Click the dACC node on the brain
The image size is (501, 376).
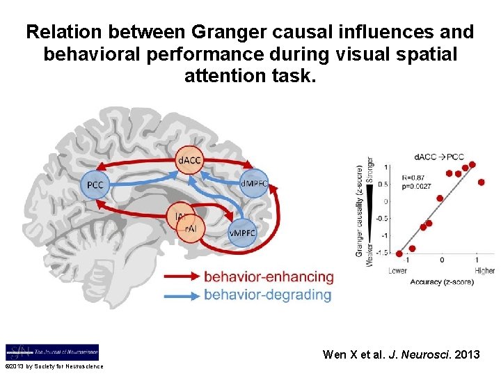[189, 161]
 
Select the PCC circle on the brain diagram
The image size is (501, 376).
[95, 185]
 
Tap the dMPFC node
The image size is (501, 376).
[254, 184]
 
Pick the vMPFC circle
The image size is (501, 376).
[242, 233]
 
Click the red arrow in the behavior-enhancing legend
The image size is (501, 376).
[182, 276]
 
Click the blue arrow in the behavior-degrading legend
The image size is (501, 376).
[182, 295]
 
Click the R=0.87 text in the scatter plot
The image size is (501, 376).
[411, 178]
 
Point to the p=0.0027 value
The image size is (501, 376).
[415, 186]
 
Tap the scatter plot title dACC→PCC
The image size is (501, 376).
[438, 157]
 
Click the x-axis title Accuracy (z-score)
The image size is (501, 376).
[442, 282]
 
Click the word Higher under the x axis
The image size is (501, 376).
[484, 271]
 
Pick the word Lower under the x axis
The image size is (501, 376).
[398, 271]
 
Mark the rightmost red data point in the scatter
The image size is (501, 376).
[481, 182]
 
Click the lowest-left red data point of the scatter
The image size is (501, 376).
[399, 254]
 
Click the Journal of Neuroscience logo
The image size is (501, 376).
[52, 352]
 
